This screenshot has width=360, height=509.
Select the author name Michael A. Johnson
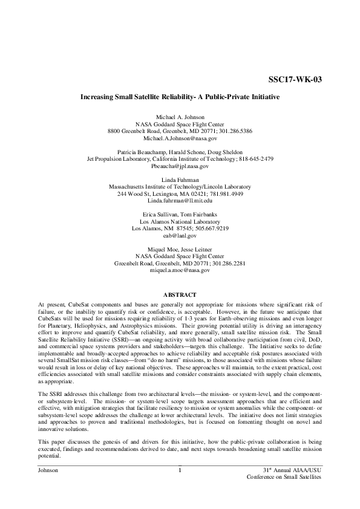point(180,116)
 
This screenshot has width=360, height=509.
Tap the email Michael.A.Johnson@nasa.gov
point(180,138)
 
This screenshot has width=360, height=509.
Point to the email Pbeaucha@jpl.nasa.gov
point(180,166)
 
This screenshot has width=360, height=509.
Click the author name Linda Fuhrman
point(180,180)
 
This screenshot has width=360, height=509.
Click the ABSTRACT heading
point(180,294)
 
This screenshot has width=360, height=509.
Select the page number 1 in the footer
point(180,470)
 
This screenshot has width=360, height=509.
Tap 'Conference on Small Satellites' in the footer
point(284,478)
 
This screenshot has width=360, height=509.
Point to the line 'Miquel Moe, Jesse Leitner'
point(180,249)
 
